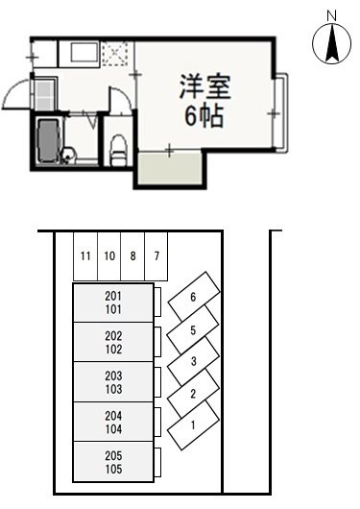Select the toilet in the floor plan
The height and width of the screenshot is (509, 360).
click(118, 148)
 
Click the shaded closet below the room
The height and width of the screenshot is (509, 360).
click(169, 171)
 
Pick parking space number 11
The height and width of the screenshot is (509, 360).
click(86, 256)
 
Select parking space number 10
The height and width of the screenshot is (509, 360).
click(109, 256)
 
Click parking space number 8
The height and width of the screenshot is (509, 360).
click(132, 256)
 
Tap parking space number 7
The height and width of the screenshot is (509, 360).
click(156, 256)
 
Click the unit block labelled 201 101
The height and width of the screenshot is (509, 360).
click(114, 303)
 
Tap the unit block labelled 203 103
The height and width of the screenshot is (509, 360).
click(114, 382)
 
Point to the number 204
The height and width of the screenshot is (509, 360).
click(114, 416)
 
